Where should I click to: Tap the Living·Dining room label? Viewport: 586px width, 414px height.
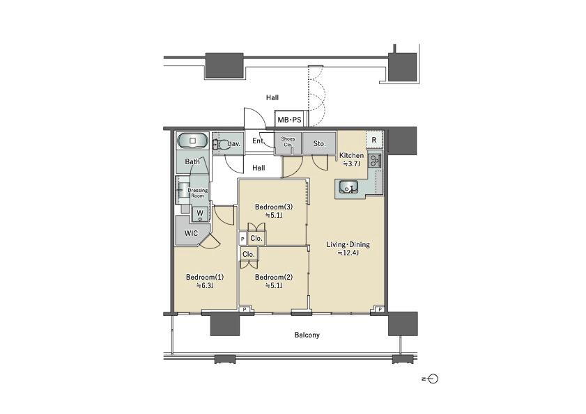[x=348, y=244]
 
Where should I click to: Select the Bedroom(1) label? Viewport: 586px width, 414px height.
[x=205, y=278]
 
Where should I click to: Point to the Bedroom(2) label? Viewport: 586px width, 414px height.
[x=274, y=278]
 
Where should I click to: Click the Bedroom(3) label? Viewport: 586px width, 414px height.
[x=274, y=207]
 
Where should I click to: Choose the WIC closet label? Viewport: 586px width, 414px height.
[x=191, y=233]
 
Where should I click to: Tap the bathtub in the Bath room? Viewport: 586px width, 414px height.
[x=192, y=141]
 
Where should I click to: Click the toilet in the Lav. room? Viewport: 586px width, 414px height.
[x=222, y=144]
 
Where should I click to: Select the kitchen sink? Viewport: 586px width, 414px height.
[x=348, y=186]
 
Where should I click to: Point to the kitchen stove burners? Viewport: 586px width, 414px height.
[x=374, y=160]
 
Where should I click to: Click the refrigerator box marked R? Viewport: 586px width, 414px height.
[x=374, y=141]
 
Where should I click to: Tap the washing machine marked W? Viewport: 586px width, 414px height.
[x=200, y=214]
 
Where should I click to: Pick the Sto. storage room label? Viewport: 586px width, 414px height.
[x=319, y=143]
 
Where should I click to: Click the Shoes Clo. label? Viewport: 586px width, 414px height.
[x=288, y=141]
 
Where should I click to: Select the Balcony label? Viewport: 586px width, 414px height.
[x=307, y=335]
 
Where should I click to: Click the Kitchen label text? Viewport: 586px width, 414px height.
[x=351, y=155]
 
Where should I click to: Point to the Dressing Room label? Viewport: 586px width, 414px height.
[x=198, y=193]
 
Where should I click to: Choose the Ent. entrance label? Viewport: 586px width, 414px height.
[x=259, y=141]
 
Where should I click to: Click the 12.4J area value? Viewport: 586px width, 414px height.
[x=348, y=253]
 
